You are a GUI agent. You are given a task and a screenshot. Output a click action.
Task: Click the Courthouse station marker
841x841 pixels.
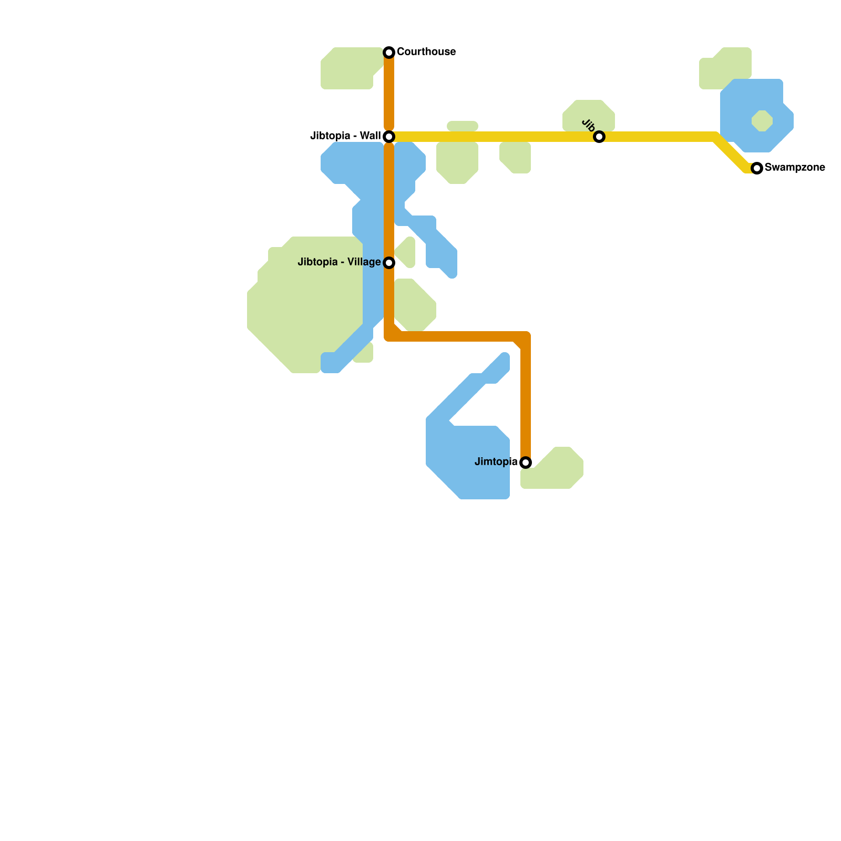point(389,52)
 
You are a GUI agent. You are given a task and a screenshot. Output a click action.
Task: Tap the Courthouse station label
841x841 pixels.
point(426,52)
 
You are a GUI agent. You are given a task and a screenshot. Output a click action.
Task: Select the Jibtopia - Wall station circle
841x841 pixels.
point(389,137)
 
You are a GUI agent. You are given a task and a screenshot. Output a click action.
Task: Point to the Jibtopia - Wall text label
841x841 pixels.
point(345,136)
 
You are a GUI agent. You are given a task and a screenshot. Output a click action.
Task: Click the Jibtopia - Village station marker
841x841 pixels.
point(389,262)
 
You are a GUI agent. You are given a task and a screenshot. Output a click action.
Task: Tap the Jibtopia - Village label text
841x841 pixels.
point(339,262)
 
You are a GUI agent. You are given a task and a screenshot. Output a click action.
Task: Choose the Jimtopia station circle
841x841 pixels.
point(526,463)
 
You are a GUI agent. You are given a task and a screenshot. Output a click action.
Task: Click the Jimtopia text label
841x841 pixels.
point(496,462)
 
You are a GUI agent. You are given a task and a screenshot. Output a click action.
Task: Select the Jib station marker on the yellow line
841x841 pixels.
point(599,137)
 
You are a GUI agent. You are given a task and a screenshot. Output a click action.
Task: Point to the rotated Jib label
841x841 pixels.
point(589,126)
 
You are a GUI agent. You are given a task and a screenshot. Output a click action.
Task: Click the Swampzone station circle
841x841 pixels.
point(757,168)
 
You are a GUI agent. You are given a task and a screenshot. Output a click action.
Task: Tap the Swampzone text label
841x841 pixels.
point(795,168)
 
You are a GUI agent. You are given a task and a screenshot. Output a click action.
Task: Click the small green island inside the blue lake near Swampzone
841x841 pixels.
point(762,121)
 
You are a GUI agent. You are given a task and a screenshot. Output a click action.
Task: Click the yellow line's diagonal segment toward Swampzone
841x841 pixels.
point(732,153)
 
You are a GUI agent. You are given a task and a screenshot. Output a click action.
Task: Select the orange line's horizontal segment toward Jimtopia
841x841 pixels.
point(457,336)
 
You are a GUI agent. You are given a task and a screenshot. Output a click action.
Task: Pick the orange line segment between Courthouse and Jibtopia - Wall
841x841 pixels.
point(389,95)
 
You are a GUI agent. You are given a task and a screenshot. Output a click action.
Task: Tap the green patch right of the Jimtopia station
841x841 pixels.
point(557,470)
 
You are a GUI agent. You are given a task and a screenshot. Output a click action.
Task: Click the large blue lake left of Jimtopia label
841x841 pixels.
point(463,463)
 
